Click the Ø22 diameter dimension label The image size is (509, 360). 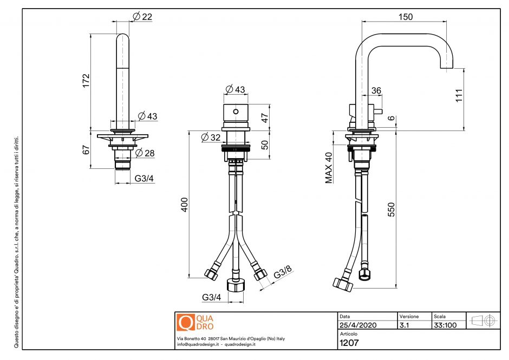click(x=142, y=17)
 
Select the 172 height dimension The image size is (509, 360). click(x=86, y=80)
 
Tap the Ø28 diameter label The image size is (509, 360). click(x=146, y=153)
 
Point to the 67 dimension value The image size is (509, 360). click(x=86, y=150)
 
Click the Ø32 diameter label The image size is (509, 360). click(x=211, y=138)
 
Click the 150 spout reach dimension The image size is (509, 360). click(x=405, y=17)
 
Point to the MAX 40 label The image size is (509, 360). click(x=329, y=168)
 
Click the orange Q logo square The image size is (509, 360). click(x=185, y=322)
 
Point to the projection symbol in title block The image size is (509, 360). click(x=484, y=320)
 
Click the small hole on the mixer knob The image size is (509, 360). click(x=235, y=112)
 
